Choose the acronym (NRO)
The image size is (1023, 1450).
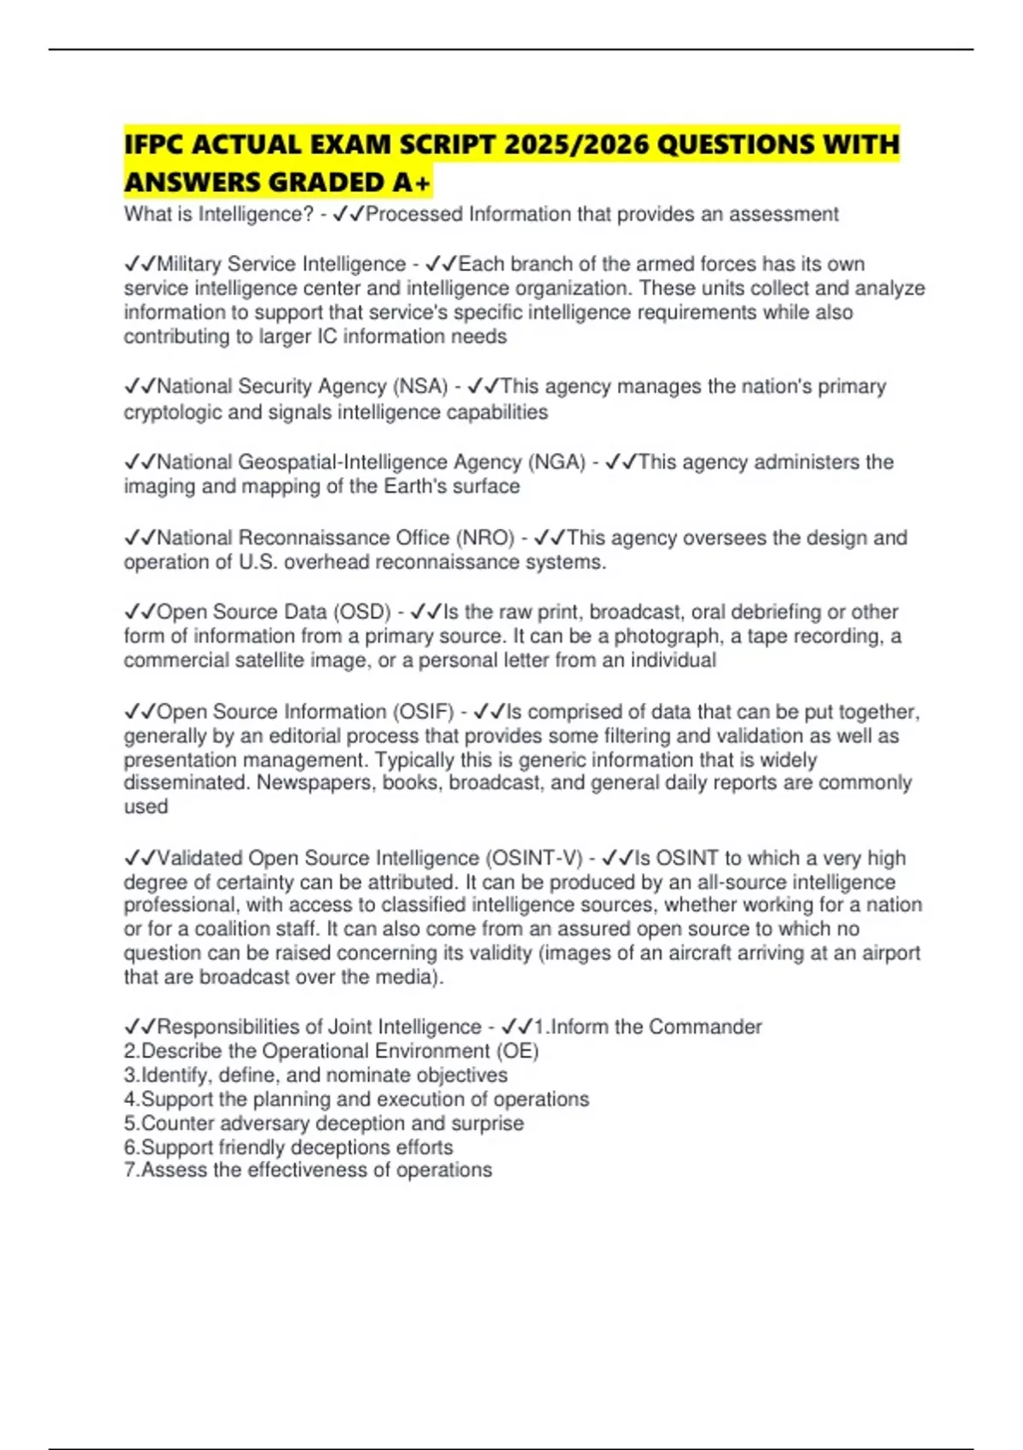coord(486,538)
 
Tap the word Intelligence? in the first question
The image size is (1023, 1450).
coord(256,214)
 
